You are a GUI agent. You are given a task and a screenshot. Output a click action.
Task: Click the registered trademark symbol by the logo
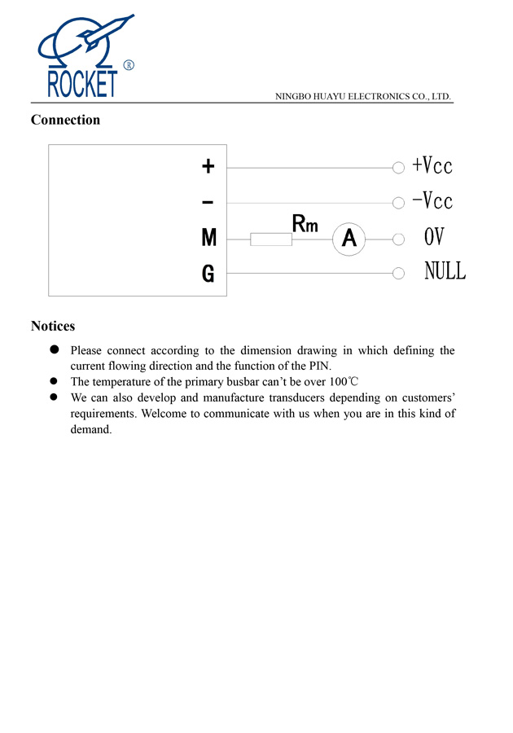point(129,65)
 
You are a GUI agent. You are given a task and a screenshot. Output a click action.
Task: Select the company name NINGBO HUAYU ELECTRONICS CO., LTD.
point(363,96)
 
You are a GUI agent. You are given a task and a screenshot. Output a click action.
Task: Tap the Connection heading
point(65,120)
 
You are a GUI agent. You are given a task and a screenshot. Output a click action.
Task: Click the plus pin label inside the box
point(208,166)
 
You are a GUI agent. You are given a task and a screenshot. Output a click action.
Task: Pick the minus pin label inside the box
point(208,201)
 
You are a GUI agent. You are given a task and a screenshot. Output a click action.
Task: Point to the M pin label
point(208,238)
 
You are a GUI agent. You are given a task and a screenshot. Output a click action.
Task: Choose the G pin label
point(208,274)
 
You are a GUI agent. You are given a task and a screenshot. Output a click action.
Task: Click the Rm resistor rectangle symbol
point(271,239)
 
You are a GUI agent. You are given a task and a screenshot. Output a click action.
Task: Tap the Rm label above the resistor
point(305,222)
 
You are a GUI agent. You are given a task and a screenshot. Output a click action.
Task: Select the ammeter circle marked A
point(349,239)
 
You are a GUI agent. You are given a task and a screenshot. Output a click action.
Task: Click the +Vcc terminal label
point(432,165)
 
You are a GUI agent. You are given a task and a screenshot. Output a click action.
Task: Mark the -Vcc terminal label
point(432,200)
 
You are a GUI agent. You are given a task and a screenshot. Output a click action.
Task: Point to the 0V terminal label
point(434,237)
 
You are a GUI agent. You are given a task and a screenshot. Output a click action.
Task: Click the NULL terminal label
point(445,271)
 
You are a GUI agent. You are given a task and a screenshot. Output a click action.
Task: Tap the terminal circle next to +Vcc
point(398,168)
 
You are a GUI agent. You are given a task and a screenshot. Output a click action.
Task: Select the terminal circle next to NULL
point(398,274)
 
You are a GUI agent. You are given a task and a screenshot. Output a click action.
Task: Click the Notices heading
point(53,326)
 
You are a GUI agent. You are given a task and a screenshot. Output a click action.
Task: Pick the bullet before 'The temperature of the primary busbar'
point(55,381)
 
